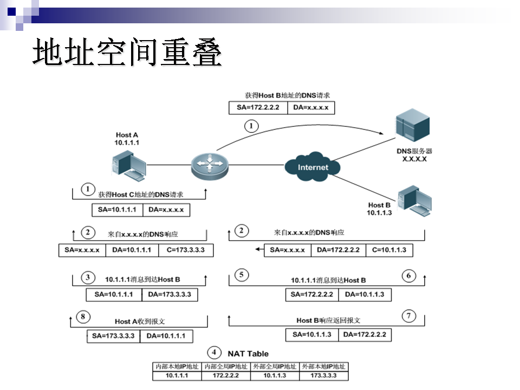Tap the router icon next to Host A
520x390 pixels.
coord(210,164)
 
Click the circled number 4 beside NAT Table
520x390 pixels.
coord(214,353)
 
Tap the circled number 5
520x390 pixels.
coord(242,275)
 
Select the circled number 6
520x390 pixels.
coord(409,276)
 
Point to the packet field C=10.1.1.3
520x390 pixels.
coord(389,250)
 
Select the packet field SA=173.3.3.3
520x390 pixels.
coord(113,336)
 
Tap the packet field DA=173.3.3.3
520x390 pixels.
coord(169,295)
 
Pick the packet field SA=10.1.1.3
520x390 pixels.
coord(311,335)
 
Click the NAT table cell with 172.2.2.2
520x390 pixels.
coord(225,375)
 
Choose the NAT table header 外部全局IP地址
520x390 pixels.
coord(275,367)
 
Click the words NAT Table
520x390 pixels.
coord(248,354)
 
